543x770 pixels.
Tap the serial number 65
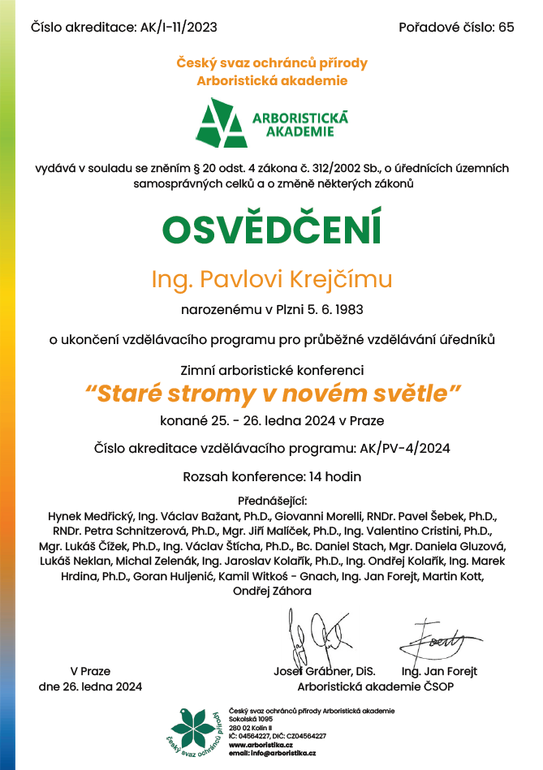pos(506,28)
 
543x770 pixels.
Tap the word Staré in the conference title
pos(127,394)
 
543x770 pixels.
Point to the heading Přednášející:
pos(271,500)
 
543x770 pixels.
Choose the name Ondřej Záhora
pos(272,591)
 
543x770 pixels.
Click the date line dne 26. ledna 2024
pos(90,686)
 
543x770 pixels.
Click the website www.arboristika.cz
pos(261,744)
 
